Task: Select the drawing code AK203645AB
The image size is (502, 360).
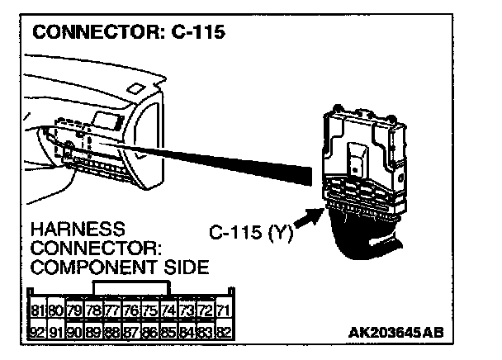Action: point(396,332)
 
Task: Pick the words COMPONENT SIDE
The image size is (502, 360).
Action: point(119,267)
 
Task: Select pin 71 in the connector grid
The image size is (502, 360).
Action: point(222,310)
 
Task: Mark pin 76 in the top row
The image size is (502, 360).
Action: point(130,310)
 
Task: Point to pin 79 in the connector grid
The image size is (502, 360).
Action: point(75,310)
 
